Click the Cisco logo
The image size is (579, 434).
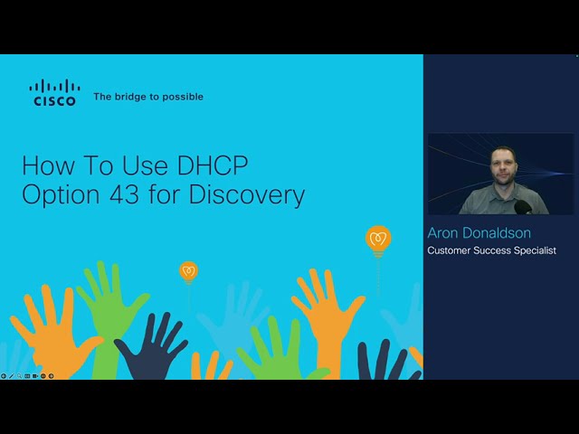coord(54,93)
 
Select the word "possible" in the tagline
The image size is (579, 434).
coord(183,97)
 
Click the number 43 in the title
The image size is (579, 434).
coord(118,195)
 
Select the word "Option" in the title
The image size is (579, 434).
coord(57,195)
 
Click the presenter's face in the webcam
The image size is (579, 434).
coord(503,165)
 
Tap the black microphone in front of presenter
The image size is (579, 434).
coord(524,207)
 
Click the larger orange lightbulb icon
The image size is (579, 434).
coord(378,240)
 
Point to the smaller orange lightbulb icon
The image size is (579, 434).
coord(188,270)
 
